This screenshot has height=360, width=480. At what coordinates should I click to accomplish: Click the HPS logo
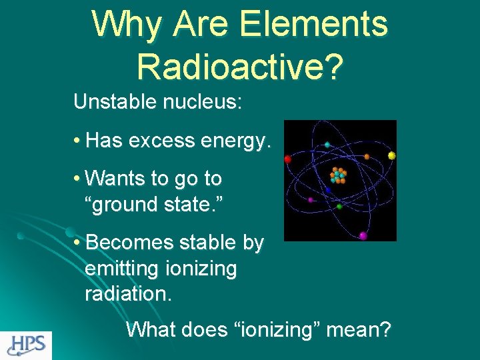(26, 345)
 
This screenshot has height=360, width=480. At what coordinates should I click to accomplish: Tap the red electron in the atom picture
(288, 159)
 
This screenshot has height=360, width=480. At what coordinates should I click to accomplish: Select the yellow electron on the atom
(392, 155)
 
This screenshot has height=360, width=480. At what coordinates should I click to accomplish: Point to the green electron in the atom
(339, 207)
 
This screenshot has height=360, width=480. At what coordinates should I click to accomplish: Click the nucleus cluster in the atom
(338, 176)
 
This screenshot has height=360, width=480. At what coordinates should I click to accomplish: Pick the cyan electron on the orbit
(327, 145)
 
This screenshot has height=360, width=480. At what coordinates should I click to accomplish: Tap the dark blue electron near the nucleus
(327, 189)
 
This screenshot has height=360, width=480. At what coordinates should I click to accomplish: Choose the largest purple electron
(363, 235)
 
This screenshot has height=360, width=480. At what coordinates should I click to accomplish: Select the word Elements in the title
(313, 24)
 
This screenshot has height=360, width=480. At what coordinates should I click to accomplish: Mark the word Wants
(116, 179)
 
